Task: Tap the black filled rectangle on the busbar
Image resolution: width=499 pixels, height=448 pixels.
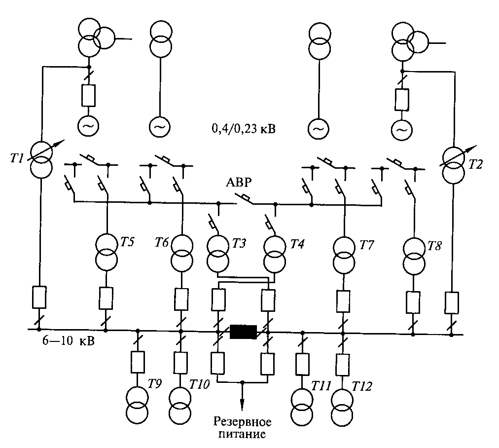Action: coord(243,332)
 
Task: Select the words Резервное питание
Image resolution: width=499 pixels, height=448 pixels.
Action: coord(243,428)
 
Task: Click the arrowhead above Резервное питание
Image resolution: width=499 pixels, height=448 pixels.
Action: coord(243,404)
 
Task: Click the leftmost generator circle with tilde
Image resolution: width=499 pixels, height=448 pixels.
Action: coord(87,127)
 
